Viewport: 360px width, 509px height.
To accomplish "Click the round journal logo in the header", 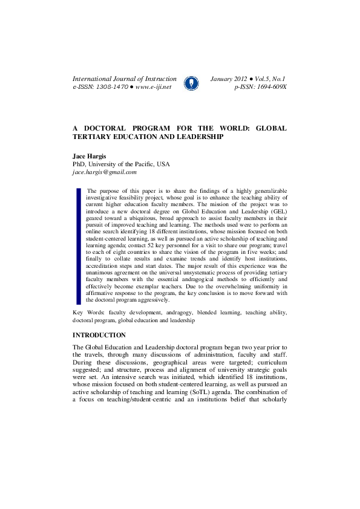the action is point(191,83).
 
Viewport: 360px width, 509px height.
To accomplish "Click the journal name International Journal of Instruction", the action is point(125,79).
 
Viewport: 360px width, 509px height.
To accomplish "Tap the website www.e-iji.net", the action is point(154,87).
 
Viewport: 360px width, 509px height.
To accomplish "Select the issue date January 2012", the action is point(228,79).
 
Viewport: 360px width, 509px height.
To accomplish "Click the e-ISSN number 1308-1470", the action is point(109,87).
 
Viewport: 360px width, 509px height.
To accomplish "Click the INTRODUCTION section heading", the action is point(99,335).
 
